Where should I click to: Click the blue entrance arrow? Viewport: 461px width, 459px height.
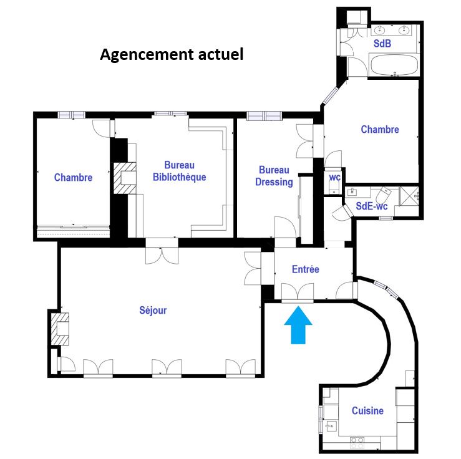[298, 325]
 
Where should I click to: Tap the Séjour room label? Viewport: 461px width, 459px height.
[153, 311]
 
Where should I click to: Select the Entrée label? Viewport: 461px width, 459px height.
[306, 269]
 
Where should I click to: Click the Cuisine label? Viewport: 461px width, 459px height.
[367, 410]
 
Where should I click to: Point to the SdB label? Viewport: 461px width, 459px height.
[382, 44]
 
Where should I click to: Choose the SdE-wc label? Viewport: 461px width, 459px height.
[372, 206]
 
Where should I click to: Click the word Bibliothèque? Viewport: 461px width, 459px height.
[179, 177]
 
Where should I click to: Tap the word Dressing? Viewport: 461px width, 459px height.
[274, 182]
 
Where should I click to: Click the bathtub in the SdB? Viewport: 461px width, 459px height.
[394, 65]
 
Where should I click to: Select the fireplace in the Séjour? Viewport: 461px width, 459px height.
[60, 329]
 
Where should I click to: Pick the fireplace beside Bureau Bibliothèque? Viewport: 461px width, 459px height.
[125, 178]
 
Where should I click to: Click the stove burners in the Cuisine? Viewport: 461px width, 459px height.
[357, 443]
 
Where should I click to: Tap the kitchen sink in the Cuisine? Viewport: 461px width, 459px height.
[331, 426]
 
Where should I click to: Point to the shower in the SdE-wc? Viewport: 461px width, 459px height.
[409, 196]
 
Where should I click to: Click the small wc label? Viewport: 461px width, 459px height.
[334, 177]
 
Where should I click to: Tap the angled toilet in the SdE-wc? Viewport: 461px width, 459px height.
[384, 194]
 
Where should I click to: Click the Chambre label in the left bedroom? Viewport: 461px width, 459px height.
[73, 178]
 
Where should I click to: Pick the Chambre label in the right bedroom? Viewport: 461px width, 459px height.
[380, 129]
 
